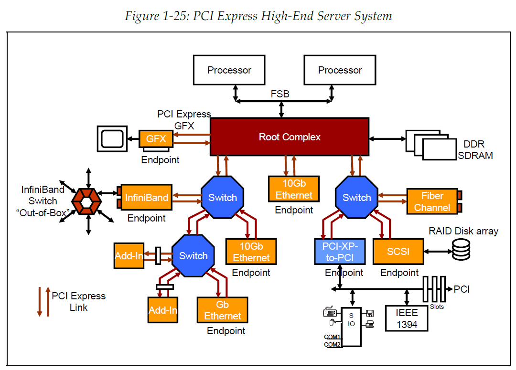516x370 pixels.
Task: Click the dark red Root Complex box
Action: pos(290,137)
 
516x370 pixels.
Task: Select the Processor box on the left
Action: pos(229,70)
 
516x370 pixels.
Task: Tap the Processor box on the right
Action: pos(340,70)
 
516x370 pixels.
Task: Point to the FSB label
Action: pos(280,94)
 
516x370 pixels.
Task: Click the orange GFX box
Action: pos(156,139)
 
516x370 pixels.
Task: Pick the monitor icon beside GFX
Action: pos(112,138)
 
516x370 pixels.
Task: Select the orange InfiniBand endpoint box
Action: pos(147,198)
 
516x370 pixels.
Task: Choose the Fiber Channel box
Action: pos(432,201)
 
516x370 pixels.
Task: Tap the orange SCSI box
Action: pos(398,251)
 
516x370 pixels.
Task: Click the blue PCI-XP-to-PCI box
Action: pos(340,251)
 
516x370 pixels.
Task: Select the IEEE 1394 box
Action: pos(407,318)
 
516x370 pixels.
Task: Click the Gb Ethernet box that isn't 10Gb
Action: pos(222,310)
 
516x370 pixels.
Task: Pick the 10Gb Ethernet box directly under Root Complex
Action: pos(294,189)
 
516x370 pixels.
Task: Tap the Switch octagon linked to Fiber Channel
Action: pos(356,198)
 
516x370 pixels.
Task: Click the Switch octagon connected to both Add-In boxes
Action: pos(193,256)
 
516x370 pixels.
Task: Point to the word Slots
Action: pos(437,307)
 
